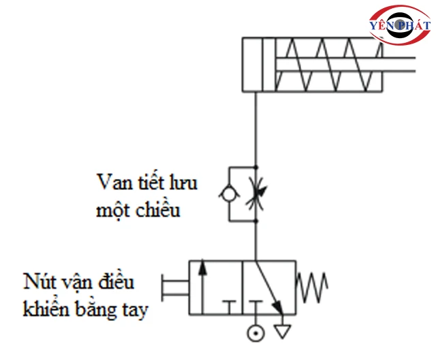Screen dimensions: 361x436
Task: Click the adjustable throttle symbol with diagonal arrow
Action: click(x=256, y=193)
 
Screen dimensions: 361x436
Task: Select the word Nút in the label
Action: click(x=40, y=282)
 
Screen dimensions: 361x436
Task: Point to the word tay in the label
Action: click(x=135, y=309)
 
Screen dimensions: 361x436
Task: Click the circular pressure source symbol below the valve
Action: click(x=255, y=334)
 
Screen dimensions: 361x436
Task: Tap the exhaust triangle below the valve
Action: click(x=281, y=332)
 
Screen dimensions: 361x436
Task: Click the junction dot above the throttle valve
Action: click(x=256, y=166)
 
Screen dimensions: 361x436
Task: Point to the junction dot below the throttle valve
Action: click(x=256, y=220)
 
